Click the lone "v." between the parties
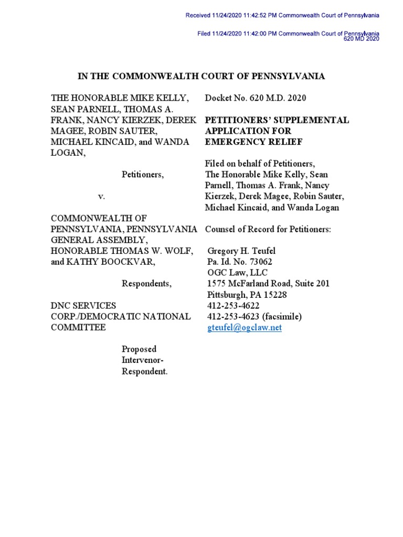pos(102,196)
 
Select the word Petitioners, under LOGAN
pos(143,175)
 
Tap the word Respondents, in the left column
pos(146,284)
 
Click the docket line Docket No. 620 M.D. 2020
pos(256,98)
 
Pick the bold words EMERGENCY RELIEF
pos(253,142)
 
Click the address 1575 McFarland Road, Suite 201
pos(269,284)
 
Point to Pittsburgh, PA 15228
pos(247,295)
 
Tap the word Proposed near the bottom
pos(139,349)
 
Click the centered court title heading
pos(201,77)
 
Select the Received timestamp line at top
pos(282,16)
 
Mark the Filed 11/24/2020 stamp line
pos(288,34)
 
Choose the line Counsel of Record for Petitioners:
pos(268,229)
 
